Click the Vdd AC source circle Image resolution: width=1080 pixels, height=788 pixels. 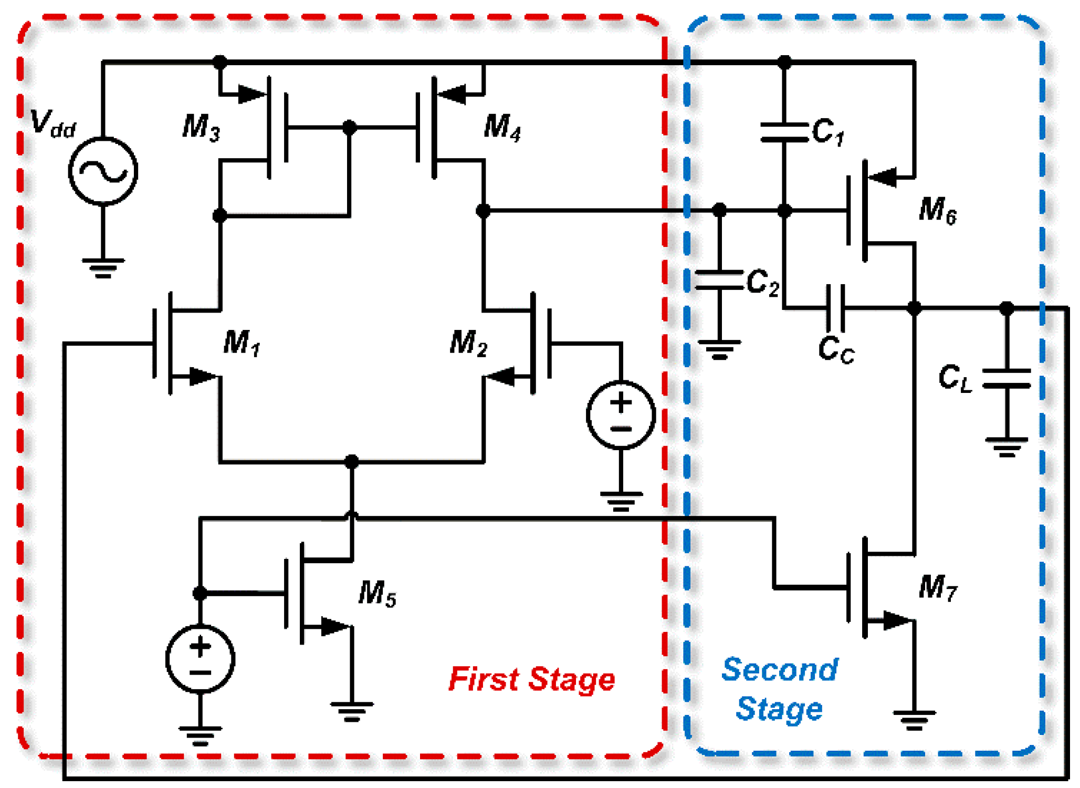click(103, 171)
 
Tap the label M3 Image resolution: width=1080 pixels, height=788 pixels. click(201, 128)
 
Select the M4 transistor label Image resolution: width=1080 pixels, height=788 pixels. click(502, 128)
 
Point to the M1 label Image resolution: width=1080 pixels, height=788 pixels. click(242, 343)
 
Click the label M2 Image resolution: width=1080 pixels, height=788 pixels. click(468, 343)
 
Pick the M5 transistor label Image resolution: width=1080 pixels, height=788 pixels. click(377, 594)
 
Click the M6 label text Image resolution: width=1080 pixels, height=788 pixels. click(938, 210)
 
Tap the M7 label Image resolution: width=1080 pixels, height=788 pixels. click(938, 587)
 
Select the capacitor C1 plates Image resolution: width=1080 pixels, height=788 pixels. click(784, 132)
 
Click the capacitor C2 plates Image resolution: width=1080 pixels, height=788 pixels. click(719, 280)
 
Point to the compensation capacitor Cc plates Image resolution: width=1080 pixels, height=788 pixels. click(835, 308)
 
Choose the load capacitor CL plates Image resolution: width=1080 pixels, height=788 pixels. click(1006, 378)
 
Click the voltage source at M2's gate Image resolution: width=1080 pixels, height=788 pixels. click(621, 415)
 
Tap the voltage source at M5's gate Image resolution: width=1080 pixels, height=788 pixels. click(200, 659)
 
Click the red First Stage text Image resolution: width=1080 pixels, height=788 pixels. click(531, 679)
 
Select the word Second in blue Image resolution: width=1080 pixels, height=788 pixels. click(780, 670)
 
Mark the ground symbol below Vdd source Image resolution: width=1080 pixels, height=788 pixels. click(103, 268)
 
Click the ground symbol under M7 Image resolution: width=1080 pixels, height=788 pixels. click(914, 721)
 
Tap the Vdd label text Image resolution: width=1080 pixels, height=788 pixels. click(53, 124)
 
